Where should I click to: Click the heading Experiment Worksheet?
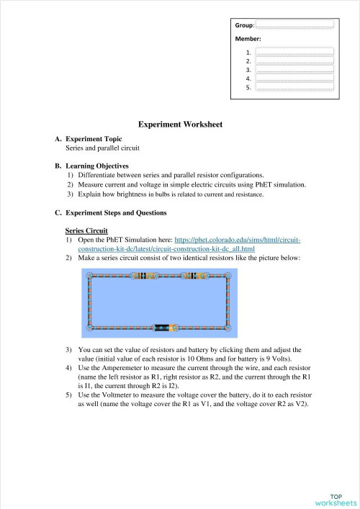(180, 125)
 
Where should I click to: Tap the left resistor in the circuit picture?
(147, 276)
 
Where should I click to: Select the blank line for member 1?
(294, 53)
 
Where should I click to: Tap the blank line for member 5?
(294, 88)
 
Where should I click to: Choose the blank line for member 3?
(294, 71)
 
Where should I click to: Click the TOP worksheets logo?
(336, 499)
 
